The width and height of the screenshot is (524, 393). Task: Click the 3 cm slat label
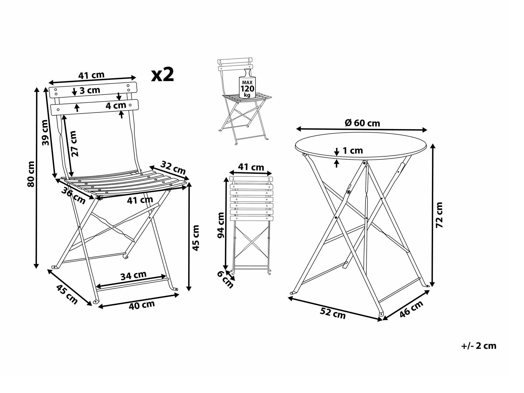[x=90, y=90]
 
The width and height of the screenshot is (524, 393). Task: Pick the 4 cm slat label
[x=116, y=105]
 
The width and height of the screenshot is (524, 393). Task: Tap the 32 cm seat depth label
[x=173, y=167]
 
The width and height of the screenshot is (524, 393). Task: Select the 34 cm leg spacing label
[x=133, y=275]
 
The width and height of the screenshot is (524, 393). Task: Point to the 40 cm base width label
[x=142, y=305]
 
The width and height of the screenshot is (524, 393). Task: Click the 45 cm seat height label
[x=196, y=238]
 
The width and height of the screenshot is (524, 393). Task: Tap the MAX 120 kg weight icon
[x=247, y=84]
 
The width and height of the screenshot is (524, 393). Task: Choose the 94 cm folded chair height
[x=221, y=225]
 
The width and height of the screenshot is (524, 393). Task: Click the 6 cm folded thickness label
[x=225, y=279]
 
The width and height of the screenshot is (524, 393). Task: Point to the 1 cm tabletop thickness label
[x=353, y=150]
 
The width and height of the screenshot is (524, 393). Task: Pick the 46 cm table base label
[x=412, y=309]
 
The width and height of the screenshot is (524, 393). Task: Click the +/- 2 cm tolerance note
[x=479, y=346]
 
